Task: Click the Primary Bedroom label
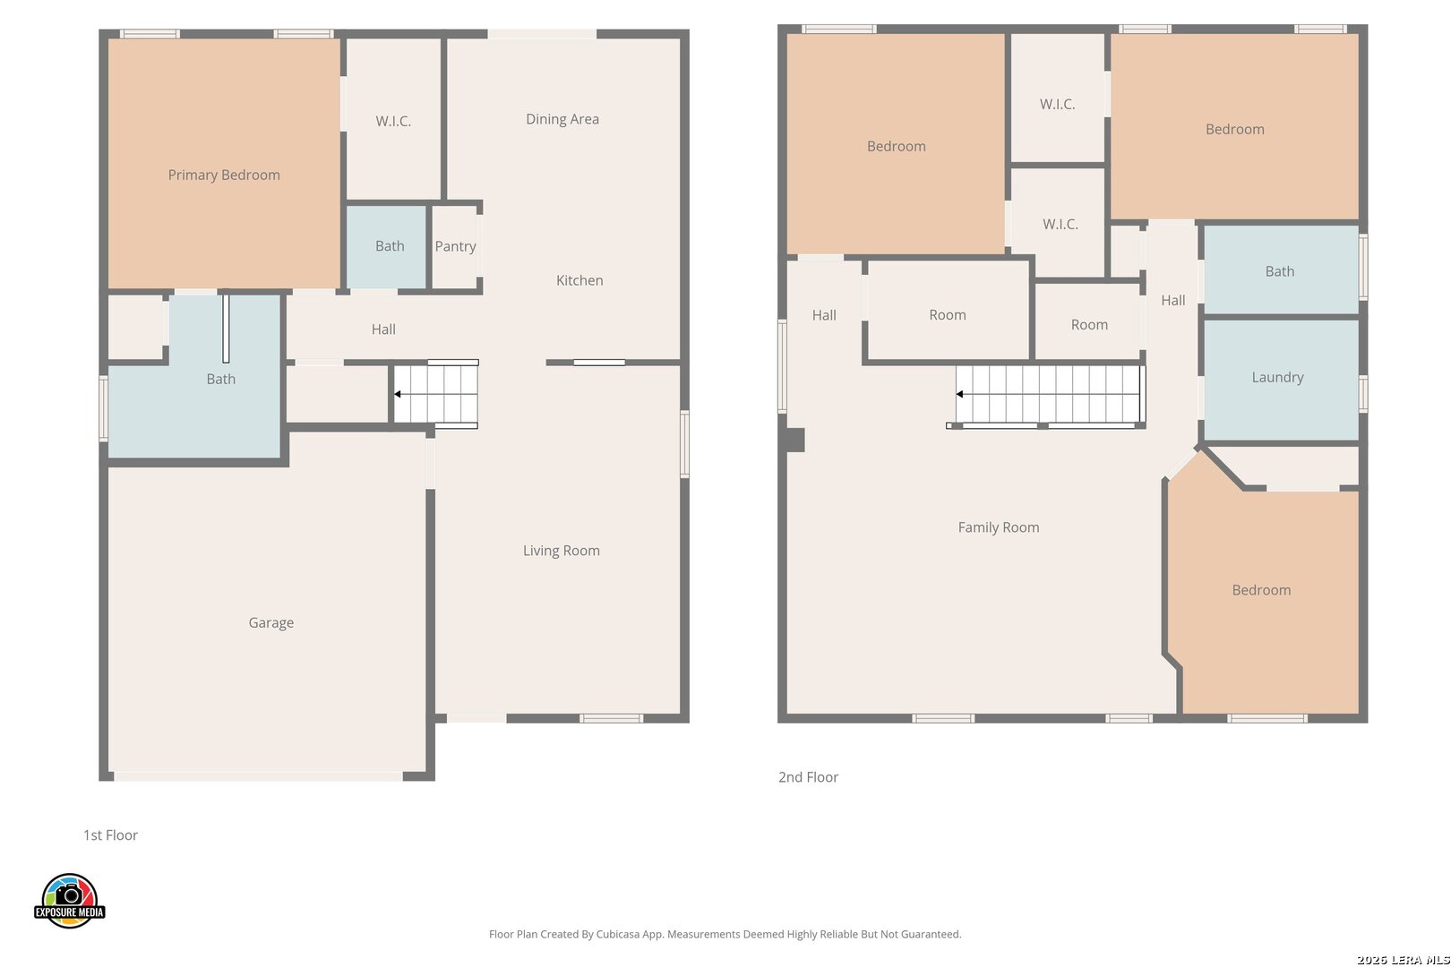coord(224,175)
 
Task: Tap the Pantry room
coord(455,246)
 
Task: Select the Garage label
coord(270,622)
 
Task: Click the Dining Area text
coord(562,119)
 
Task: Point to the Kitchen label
coord(580,280)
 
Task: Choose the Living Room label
coord(561,551)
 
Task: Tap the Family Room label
coord(998,527)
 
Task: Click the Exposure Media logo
coord(69,900)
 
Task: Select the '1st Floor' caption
coord(110,834)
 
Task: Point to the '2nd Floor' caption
coord(808,776)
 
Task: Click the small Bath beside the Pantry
coord(386,247)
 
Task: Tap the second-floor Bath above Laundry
coord(1281,270)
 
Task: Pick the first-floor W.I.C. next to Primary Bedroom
coord(393,119)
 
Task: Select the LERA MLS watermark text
coord(1403,960)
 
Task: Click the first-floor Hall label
coord(382,329)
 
